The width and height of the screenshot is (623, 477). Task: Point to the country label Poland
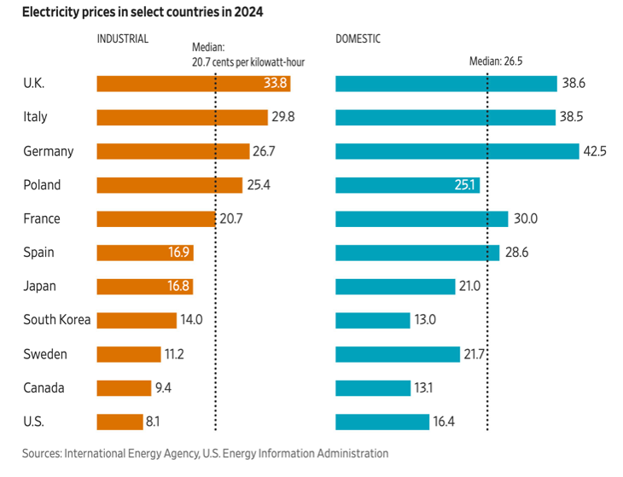(42, 185)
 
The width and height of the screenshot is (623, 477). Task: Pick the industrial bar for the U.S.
(119, 422)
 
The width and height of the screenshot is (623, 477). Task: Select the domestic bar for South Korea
(373, 320)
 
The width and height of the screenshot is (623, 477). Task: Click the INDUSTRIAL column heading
(123, 39)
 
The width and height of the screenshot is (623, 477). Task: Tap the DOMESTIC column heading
(358, 39)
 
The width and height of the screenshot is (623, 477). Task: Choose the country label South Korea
(57, 320)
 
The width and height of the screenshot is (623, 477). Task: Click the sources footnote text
(205, 454)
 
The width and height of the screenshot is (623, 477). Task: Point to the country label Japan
(40, 287)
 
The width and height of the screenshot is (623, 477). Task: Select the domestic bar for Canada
(373, 388)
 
